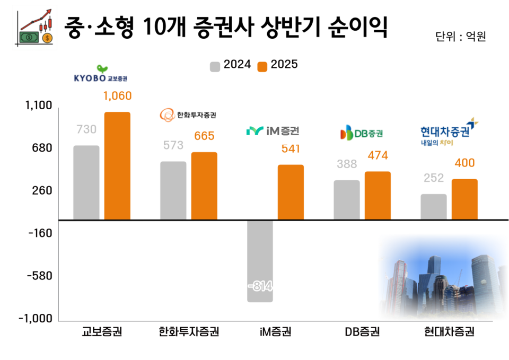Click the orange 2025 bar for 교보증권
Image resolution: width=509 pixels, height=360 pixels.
pyautogui.click(x=117, y=165)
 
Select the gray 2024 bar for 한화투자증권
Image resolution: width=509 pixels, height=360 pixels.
pyautogui.click(x=173, y=190)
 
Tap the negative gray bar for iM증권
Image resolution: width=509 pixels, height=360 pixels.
pyautogui.click(x=260, y=261)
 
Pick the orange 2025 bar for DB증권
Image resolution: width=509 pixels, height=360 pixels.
pyautogui.click(x=378, y=195)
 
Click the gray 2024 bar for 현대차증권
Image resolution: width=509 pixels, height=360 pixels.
pyautogui.click(x=434, y=207)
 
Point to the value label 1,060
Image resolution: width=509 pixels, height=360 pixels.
pyautogui.click(x=117, y=96)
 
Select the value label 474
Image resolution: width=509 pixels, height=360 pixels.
pyautogui.click(x=378, y=155)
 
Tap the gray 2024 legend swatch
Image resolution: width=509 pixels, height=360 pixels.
pyautogui.click(x=215, y=66)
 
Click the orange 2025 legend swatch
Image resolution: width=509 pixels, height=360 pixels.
pyautogui.click(x=262, y=66)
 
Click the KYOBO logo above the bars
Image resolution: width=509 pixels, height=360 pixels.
pyautogui.click(x=101, y=74)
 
